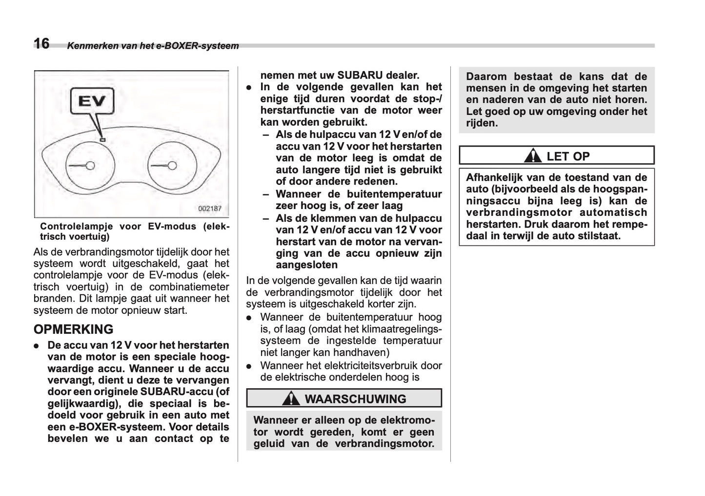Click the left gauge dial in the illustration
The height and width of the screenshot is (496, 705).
89,166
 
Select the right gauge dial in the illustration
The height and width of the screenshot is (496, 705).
172,166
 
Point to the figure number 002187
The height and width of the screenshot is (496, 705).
210,209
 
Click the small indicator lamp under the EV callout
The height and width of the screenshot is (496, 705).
102,140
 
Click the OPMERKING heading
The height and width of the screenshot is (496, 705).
73,329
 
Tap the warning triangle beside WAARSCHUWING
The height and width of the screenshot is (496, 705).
291,399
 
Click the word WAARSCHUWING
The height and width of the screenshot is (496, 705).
355,399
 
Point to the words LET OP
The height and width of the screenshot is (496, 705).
568,156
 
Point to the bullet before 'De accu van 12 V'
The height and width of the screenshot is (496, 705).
37,346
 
